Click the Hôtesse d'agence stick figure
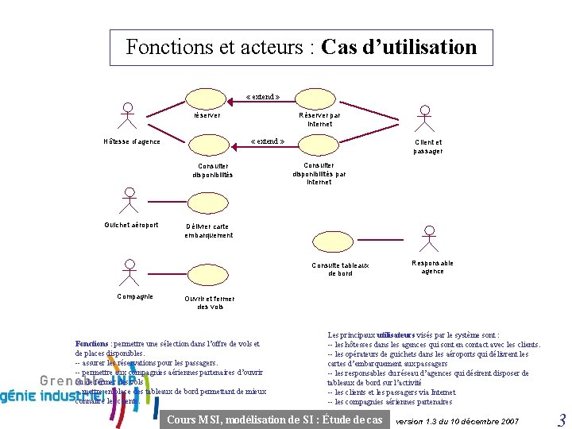click(126, 116)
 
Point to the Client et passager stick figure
click(427, 118)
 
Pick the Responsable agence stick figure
click(430, 239)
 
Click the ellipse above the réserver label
click(208, 98)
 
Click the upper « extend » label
click(263, 96)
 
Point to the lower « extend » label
click(268, 141)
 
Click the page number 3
click(561, 420)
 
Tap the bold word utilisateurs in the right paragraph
click(396, 335)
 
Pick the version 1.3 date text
click(457, 420)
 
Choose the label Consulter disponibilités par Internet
click(319, 173)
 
